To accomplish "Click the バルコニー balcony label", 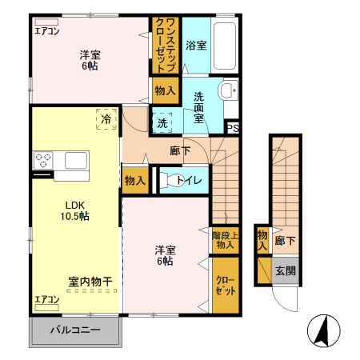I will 76,330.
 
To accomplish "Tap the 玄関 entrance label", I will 285,270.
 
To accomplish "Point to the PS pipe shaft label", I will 232,127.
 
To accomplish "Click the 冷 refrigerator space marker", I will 106,118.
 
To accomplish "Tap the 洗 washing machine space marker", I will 162,123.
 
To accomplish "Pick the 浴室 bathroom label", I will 196,46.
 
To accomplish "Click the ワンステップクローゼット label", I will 166,46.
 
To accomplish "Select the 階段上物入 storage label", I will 224,240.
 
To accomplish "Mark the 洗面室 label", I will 199,106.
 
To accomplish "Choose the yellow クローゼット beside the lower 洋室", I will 224,286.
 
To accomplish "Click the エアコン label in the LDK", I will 47,300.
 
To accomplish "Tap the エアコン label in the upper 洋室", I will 47,32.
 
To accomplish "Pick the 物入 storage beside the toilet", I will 134,181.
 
